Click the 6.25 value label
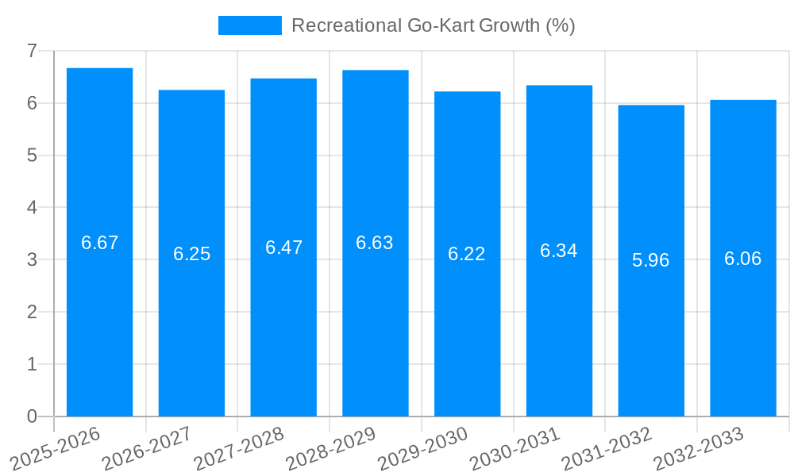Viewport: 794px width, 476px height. (191, 254)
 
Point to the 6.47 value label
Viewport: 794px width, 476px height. (283, 248)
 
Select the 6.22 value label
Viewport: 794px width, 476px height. (467, 254)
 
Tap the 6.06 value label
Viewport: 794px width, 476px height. (743, 259)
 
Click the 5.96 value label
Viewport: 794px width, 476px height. (651, 260)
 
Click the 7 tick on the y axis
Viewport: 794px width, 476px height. (32, 51)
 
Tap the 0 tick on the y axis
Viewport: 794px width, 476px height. (32, 416)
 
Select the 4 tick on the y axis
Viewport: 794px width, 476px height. (32, 208)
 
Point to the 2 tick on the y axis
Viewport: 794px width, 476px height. (32, 312)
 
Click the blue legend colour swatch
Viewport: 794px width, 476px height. (250, 25)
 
